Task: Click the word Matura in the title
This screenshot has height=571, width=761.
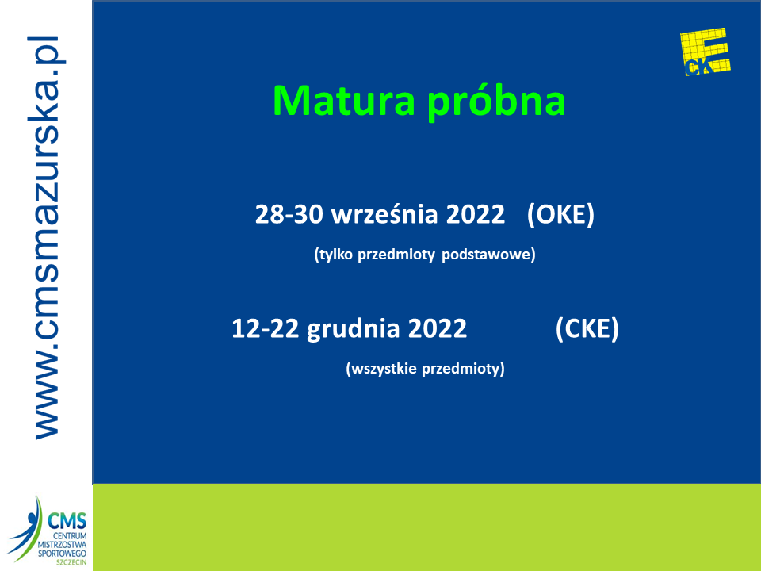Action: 343,101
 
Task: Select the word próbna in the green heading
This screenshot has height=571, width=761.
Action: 496,102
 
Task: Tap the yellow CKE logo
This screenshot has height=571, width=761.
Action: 706,52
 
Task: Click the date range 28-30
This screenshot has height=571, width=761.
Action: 289,214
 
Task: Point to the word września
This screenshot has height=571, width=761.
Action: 384,214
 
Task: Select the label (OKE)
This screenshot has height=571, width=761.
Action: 560,215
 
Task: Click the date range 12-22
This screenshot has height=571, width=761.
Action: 265,328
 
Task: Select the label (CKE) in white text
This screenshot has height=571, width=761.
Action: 587,328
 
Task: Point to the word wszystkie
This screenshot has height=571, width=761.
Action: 381,369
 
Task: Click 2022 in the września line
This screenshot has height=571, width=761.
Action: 476,214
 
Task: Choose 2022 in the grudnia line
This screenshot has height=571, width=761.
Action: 438,328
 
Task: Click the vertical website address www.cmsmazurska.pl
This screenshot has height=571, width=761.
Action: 47,238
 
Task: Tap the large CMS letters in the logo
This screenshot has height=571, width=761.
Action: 67,522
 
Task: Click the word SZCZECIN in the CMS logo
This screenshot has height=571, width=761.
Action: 71,562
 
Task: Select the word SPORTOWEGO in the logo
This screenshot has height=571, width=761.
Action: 62,554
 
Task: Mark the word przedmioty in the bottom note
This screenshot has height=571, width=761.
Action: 463,369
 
